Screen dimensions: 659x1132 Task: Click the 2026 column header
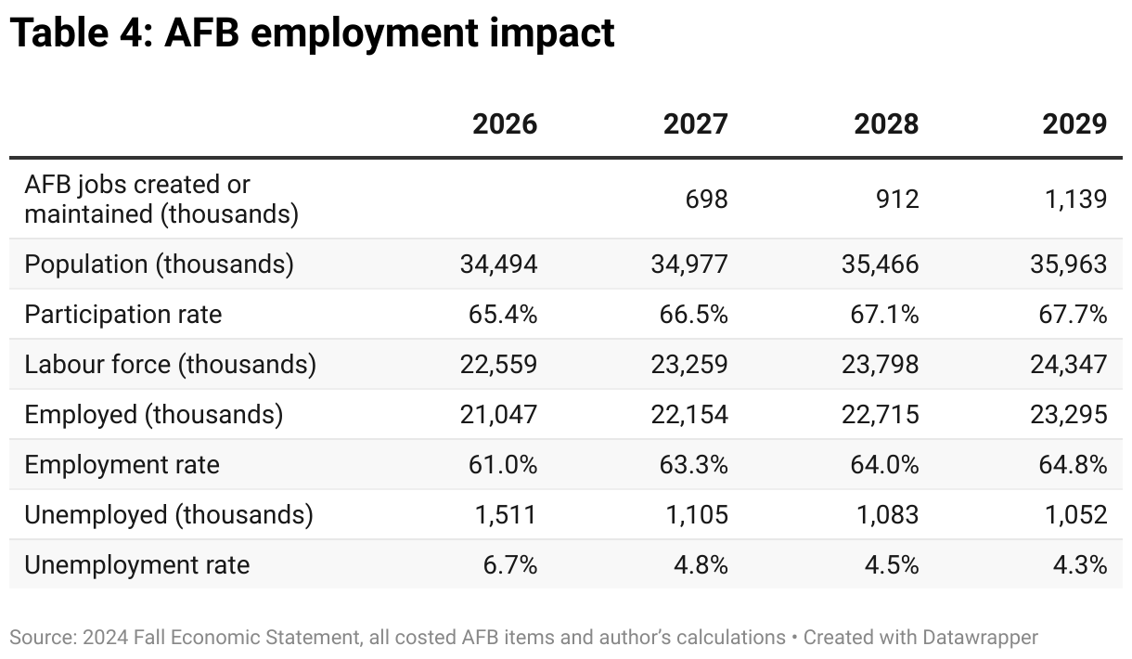point(505,124)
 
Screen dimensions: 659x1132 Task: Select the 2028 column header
point(886,124)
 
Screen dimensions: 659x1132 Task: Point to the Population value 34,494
point(498,265)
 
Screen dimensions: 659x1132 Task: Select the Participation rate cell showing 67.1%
point(884,315)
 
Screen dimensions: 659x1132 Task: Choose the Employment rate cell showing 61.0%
point(503,465)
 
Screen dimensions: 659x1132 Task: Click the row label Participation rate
point(123,315)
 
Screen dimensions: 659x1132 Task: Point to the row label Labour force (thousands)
point(170,365)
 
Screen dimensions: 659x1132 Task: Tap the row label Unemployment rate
point(136,565)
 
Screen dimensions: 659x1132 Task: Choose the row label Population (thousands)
point(159,265)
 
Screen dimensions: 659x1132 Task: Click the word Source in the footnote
point(39,638)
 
